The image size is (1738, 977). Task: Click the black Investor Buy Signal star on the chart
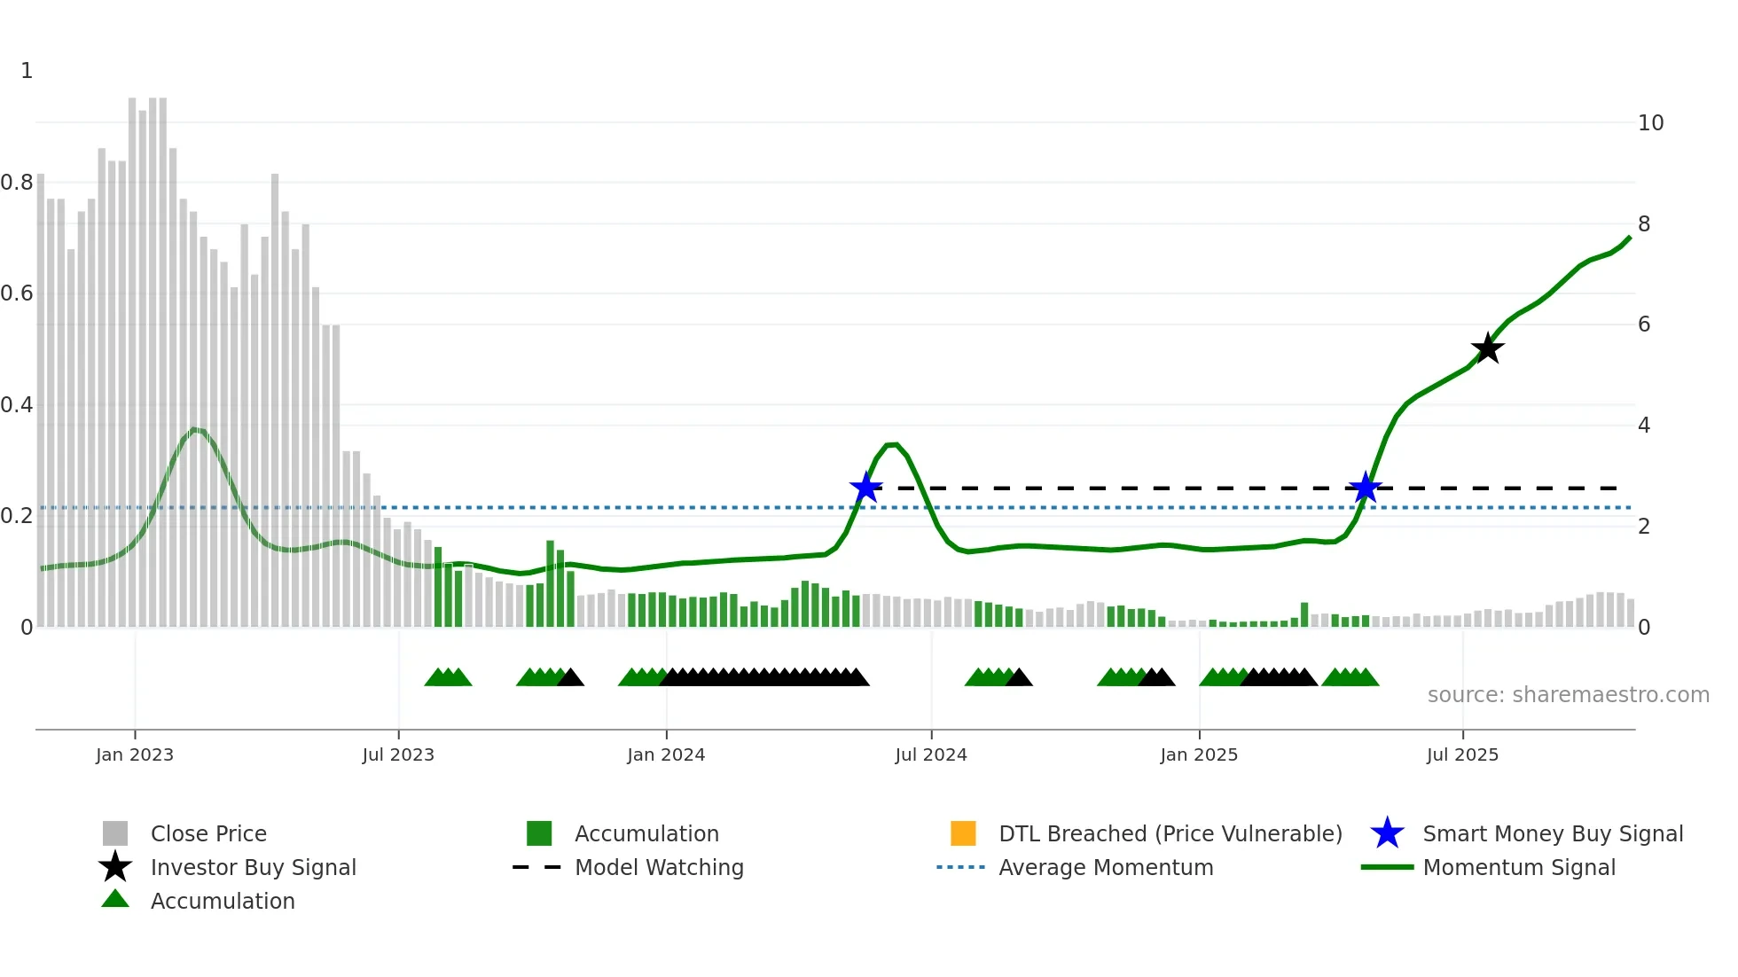[x=1487, y=348]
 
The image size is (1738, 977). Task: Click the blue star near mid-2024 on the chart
[x=865, y=488]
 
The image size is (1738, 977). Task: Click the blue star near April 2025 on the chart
[x=1366, y=488]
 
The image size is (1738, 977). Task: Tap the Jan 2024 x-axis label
[x=666, y=754]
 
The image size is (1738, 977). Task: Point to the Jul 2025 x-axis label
[x=1462, y=754]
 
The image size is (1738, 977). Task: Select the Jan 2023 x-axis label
[x=135, y=754]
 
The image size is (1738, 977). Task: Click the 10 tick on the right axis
[x=1650, y=123]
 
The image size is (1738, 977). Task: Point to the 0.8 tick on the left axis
[x=17, y=183]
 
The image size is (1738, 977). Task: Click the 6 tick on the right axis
[x=1644, y=324]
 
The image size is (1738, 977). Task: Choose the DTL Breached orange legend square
[x=963, y=833]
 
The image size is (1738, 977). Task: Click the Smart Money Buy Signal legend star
[x=1387, y=833]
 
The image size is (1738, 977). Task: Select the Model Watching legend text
[x=659, y=867]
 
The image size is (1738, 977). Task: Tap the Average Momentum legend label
[x=1106, y=867]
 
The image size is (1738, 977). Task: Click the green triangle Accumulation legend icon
[x=115, y=899]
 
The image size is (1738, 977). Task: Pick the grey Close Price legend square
[x=115, y=833]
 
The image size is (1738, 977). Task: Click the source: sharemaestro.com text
[x=1568, y=695]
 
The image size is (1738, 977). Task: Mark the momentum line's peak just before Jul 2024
[x=893, y=444]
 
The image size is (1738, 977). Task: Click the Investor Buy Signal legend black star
[x=115, y=867]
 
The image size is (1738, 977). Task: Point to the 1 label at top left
[x=27, y=71]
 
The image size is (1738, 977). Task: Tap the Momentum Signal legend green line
[x=1387, y=867]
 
